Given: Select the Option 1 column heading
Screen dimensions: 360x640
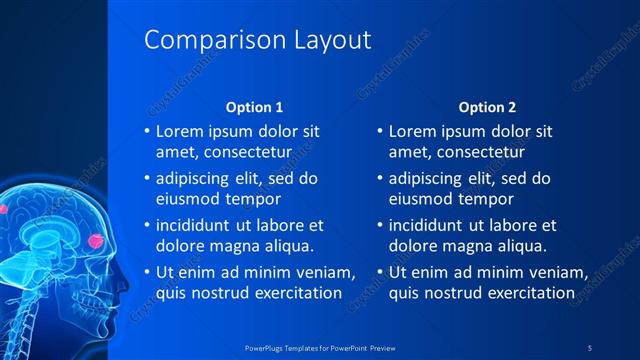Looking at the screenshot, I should point(254,107).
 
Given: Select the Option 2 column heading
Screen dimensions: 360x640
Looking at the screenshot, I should point(487,107).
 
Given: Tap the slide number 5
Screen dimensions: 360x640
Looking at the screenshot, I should point(590,346).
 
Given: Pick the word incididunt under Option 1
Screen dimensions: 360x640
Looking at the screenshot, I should point(194,225).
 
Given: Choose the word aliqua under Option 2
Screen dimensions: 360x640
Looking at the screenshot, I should point(521,246).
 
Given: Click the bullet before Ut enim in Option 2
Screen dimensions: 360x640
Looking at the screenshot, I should point(381,272).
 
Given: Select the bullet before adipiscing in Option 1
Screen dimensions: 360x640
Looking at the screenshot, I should point(147,179).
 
